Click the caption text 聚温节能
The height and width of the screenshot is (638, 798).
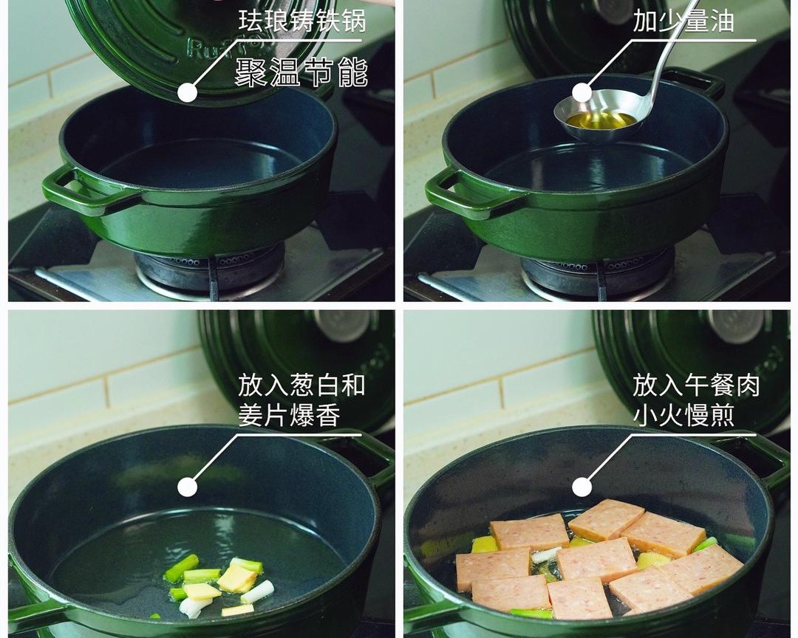click(301, 72)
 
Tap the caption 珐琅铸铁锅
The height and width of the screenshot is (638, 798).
click(301, 21)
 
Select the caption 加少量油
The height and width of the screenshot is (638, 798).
click(683, 21)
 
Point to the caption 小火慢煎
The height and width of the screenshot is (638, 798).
click(683, 416)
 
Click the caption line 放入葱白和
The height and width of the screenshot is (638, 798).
click(301, 385)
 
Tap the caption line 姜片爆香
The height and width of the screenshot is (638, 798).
click(289, 416)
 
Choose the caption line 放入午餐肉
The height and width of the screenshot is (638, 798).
click(696, 385)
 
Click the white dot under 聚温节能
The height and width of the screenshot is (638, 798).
click(188, 92)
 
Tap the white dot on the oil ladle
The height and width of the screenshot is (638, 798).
click(582, 92)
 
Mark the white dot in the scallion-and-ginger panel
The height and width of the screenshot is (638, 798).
click(188, 487)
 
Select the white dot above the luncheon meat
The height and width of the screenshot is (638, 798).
click(582, 487)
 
